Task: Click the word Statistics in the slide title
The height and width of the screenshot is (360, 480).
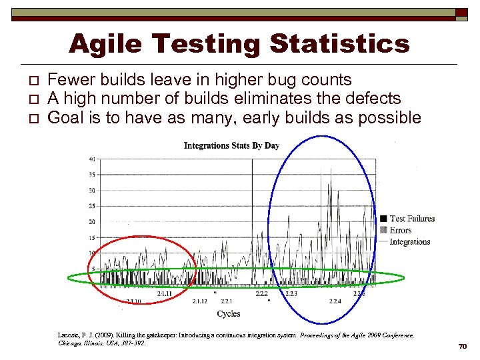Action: pyautogui.click(x=339, y=44)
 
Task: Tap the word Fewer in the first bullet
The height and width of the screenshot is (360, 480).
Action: pyautogui.click(x=71, y=80)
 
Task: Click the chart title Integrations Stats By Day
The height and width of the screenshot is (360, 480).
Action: pyautogui.click(x=231, y=145)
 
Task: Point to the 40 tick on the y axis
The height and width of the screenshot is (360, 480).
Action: pyautogui.click(x=92, y=159)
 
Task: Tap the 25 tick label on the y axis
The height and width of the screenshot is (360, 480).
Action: pyautogui.click(x=92, y=205)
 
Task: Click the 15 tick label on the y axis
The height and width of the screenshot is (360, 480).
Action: pyautogui.click(x=92, y=237)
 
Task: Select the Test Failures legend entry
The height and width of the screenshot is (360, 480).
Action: pyautogui.click(x=411, y=219)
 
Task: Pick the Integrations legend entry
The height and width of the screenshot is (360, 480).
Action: pyautogui.click(x=409, y=241)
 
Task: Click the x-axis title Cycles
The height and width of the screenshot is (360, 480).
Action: pyautogui.click(x=229, y=313)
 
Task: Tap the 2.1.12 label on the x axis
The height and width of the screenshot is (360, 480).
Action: pyautogui.click(x=200, y=301)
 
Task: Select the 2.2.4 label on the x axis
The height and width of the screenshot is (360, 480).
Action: pyautogui.click(x=335, y=301)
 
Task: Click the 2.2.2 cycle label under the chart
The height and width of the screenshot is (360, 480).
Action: pyautogui.click(x=262, y=293)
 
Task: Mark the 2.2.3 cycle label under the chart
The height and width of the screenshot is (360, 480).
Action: pyautogui.click(x=291, y=293)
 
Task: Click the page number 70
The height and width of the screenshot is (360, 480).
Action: pyautogui.click(x=462, y=347)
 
